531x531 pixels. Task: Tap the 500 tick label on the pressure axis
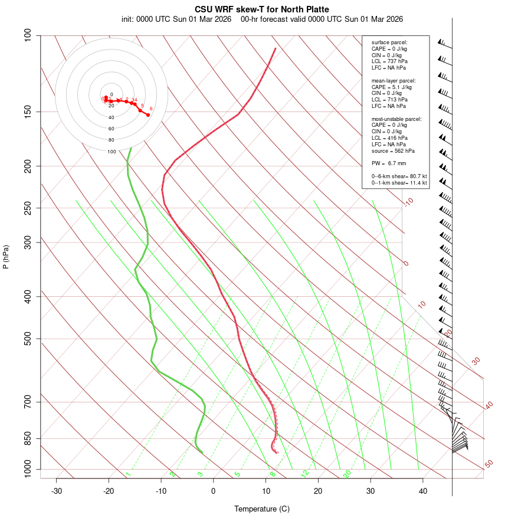click(x=28, y=339)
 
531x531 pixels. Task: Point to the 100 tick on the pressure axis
click(x=28, y=35)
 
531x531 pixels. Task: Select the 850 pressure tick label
click(x=28, y=439)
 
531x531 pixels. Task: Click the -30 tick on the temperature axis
click(x=57, y=491)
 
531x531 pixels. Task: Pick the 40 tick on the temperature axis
click(x=423, y=491)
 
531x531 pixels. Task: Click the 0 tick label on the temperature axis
click(x=214, y=491)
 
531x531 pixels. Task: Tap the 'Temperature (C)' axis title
click(x=262, y=509)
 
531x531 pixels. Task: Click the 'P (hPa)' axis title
click(x=6, y=257)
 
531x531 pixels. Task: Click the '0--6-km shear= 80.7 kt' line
click(x=399, y=176)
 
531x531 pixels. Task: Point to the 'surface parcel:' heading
click(x=389, y=42)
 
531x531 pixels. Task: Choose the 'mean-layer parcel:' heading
click(x=394, y=80)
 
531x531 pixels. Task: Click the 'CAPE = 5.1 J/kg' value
click(x=392, y=87)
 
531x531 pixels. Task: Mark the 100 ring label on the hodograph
click(x=112, y=152)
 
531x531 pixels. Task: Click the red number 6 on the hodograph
click(x=151, y=109)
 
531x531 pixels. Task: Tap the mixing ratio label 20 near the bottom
click(x=347, y=473)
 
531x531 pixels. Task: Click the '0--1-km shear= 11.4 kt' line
click(x=399, y=182)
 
